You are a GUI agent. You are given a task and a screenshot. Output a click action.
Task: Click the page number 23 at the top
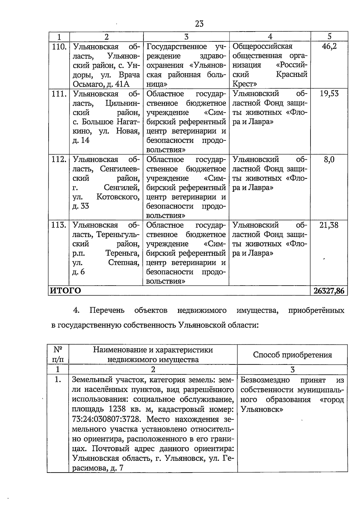(x=199, y=24)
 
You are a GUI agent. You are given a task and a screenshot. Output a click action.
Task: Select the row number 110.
(x=59, y=47)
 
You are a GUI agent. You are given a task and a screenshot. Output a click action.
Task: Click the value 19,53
(x=329, y=94)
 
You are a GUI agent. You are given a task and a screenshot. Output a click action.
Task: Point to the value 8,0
(x=329, y=159)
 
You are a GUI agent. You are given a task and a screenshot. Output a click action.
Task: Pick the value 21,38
(x=329, y=225)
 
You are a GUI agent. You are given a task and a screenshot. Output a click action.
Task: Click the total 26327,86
(x=329, y=291)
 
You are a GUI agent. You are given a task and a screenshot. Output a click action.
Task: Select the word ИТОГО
(x=65, y=291)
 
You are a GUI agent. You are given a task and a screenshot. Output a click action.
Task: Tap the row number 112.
(x=59, y=160)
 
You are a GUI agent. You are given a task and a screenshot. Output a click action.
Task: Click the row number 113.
(x=59, y=225)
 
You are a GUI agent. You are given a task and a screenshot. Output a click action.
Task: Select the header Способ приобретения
(x=292, y=355)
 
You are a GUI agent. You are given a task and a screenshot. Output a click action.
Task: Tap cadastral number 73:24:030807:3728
(x=106, y=419)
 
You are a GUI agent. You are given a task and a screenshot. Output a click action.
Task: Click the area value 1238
(x=119, y=409)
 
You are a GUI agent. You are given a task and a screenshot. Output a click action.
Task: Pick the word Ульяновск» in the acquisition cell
(x=262, y=409)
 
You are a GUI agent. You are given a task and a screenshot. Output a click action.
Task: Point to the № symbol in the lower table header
(x=58, y=349)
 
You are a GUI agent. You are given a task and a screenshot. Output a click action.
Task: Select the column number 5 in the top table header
(x=329, y=37)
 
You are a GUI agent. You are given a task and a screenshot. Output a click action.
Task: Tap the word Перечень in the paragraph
(x=107, y=310)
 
